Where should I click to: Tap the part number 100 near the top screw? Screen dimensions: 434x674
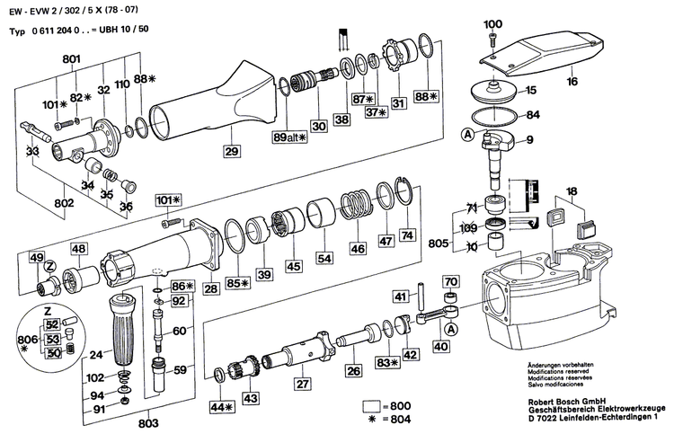click(493, 23)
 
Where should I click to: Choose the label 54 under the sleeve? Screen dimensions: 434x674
click(324, 258)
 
